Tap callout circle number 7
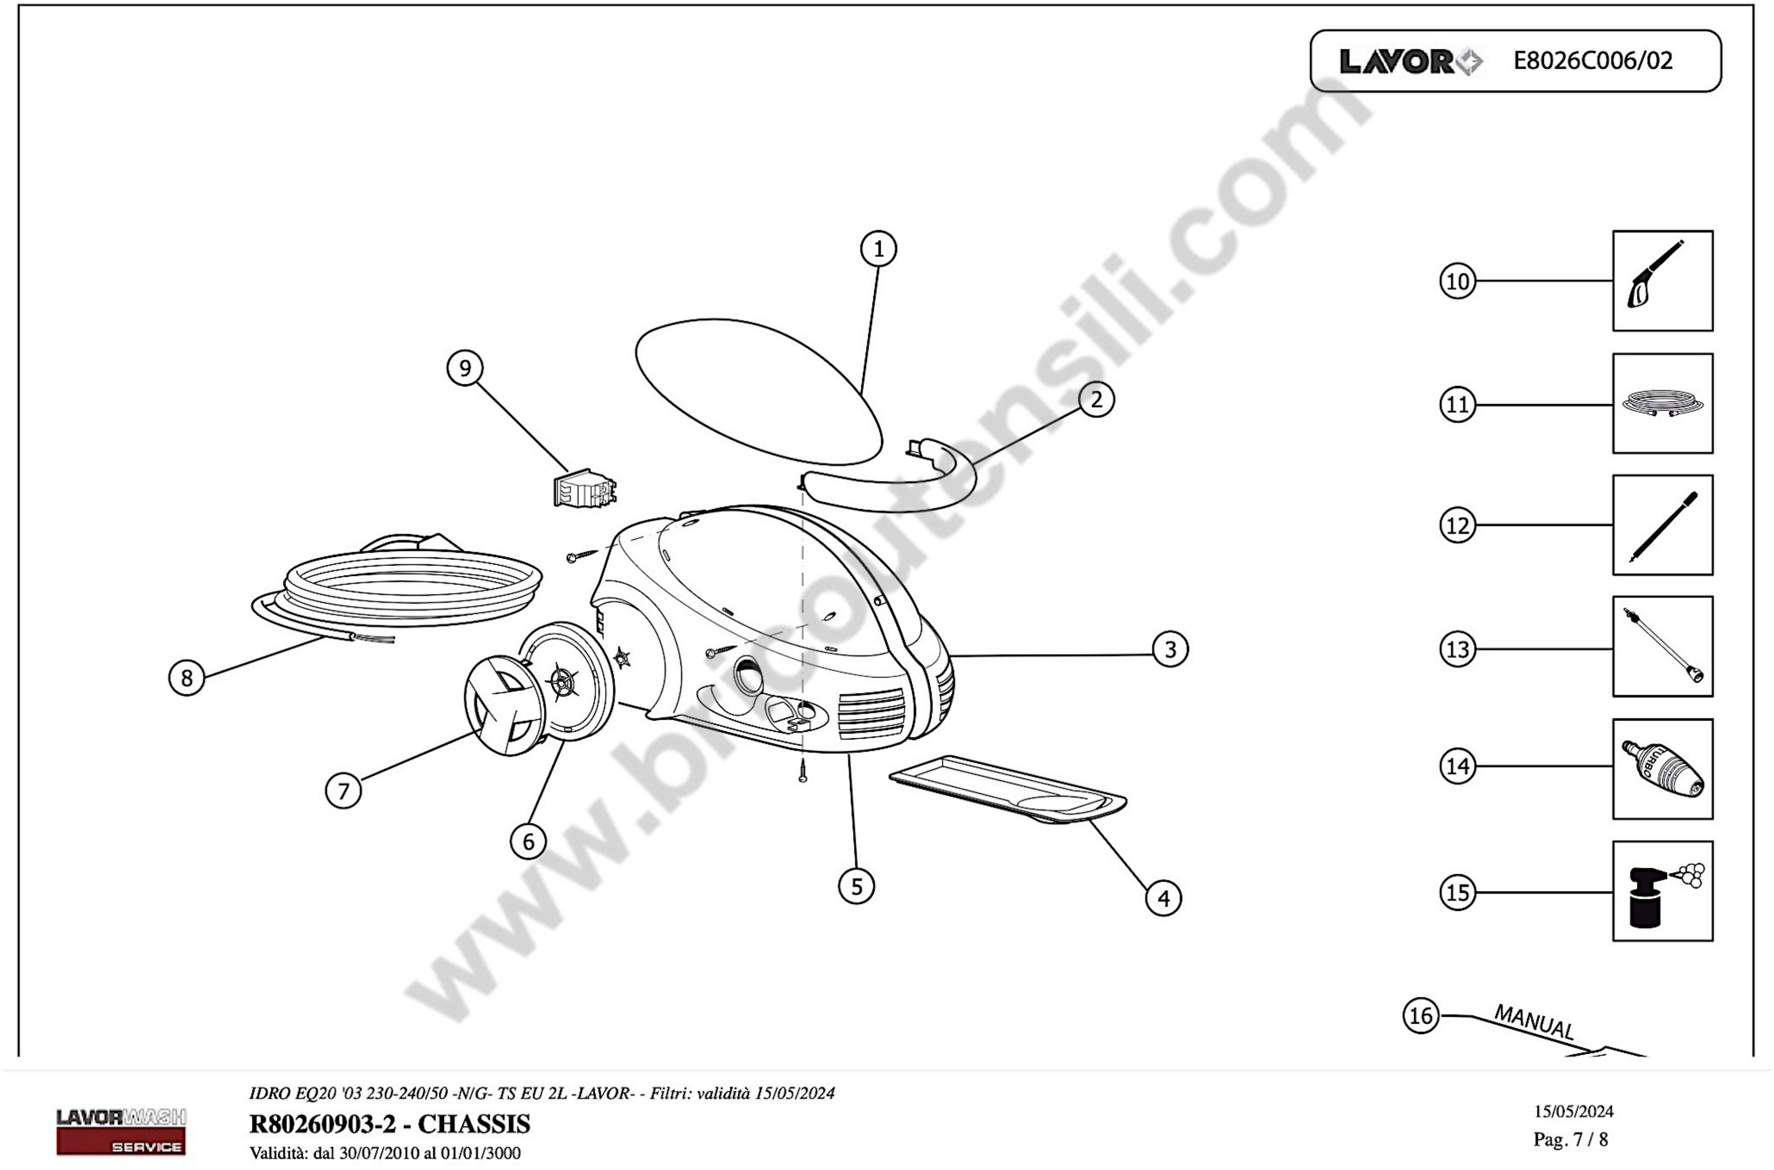pyautogui.click(x=343, y=791)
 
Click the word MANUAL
pyautogui.click(x=1535, y=1022)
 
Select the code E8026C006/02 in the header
pyautogui.click(x=1593, y=61)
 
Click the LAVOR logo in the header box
pyautogui.click(x=1410, y=61)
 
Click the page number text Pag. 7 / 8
pyautogui.click(x=1571, y=1140)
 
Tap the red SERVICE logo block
pyautogui.click(x=121, y=1142)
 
